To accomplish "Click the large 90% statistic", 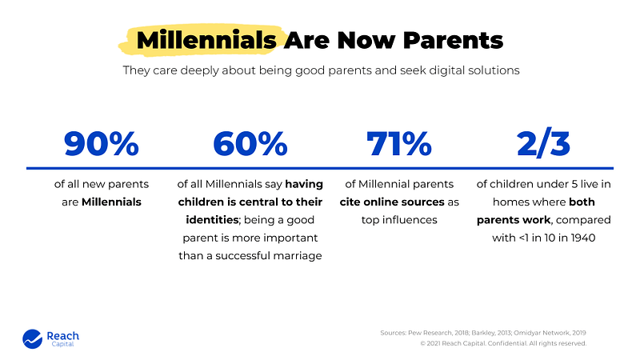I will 102,143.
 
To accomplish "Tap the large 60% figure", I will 250,143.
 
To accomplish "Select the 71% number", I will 399,143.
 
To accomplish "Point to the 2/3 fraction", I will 544,143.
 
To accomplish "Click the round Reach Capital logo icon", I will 32,339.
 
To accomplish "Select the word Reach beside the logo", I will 62,336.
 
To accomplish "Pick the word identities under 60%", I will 202,220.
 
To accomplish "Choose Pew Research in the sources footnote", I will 427,331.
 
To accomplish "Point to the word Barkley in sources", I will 482,331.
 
